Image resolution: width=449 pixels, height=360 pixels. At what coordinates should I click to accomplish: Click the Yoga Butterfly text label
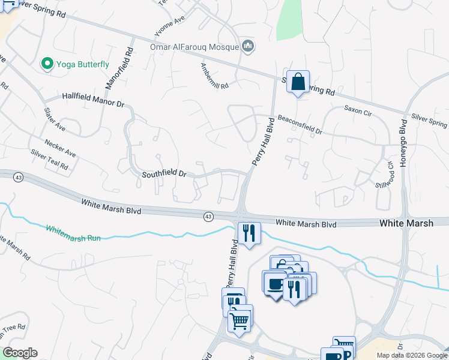click(x=83, y=64)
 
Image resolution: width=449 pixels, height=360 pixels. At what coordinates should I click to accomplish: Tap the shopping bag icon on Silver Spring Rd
click(x=298, y=82)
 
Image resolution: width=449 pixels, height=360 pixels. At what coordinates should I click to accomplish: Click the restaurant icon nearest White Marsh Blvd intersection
click(x=249, y=233)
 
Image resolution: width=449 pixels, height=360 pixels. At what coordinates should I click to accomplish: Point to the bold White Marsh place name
click(x=406, y=223)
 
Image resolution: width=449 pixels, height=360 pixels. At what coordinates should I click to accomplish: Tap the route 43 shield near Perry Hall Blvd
click(x=208, y=217)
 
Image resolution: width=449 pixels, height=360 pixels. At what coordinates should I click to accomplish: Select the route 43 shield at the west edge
click(x=19, y=178)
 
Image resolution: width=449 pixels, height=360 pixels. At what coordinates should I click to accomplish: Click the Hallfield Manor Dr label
click(x=92, y=100)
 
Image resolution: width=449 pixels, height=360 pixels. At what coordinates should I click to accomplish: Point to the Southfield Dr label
click(x=164, y=174)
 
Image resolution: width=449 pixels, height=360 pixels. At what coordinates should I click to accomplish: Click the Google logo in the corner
click(x=20, y=353)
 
